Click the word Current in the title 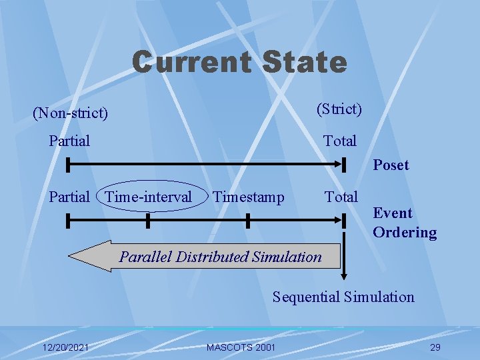click(191, 62)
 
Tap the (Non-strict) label click(70, 113)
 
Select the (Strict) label click(339, 109)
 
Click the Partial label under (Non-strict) click(69, 141)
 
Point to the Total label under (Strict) click(340, 141)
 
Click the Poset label click(391, 165)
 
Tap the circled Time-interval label click(149, 197)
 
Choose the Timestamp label click(248, 197)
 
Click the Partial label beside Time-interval click(69, 197)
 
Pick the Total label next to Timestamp click(341, 197)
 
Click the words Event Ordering click(404, 223)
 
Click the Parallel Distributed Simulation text click(220, 257)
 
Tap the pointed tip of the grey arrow click(71, 257)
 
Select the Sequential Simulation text click(343, 297)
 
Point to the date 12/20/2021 click(65, 347)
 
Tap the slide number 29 click(435, 347)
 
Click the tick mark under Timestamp click(247, 220)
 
